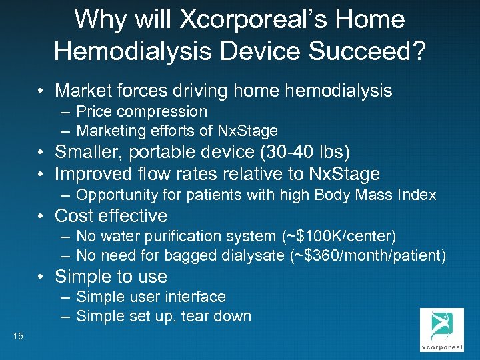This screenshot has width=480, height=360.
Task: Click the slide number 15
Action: pyautogui.click(x=17, y=337)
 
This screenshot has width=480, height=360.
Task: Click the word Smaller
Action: pyautogui.click(x=87, y=153)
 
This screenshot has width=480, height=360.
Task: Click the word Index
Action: pyautogui.click(x=417, y=195)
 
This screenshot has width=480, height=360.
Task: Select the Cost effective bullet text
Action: pyautogui.click(x=111, y=216)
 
